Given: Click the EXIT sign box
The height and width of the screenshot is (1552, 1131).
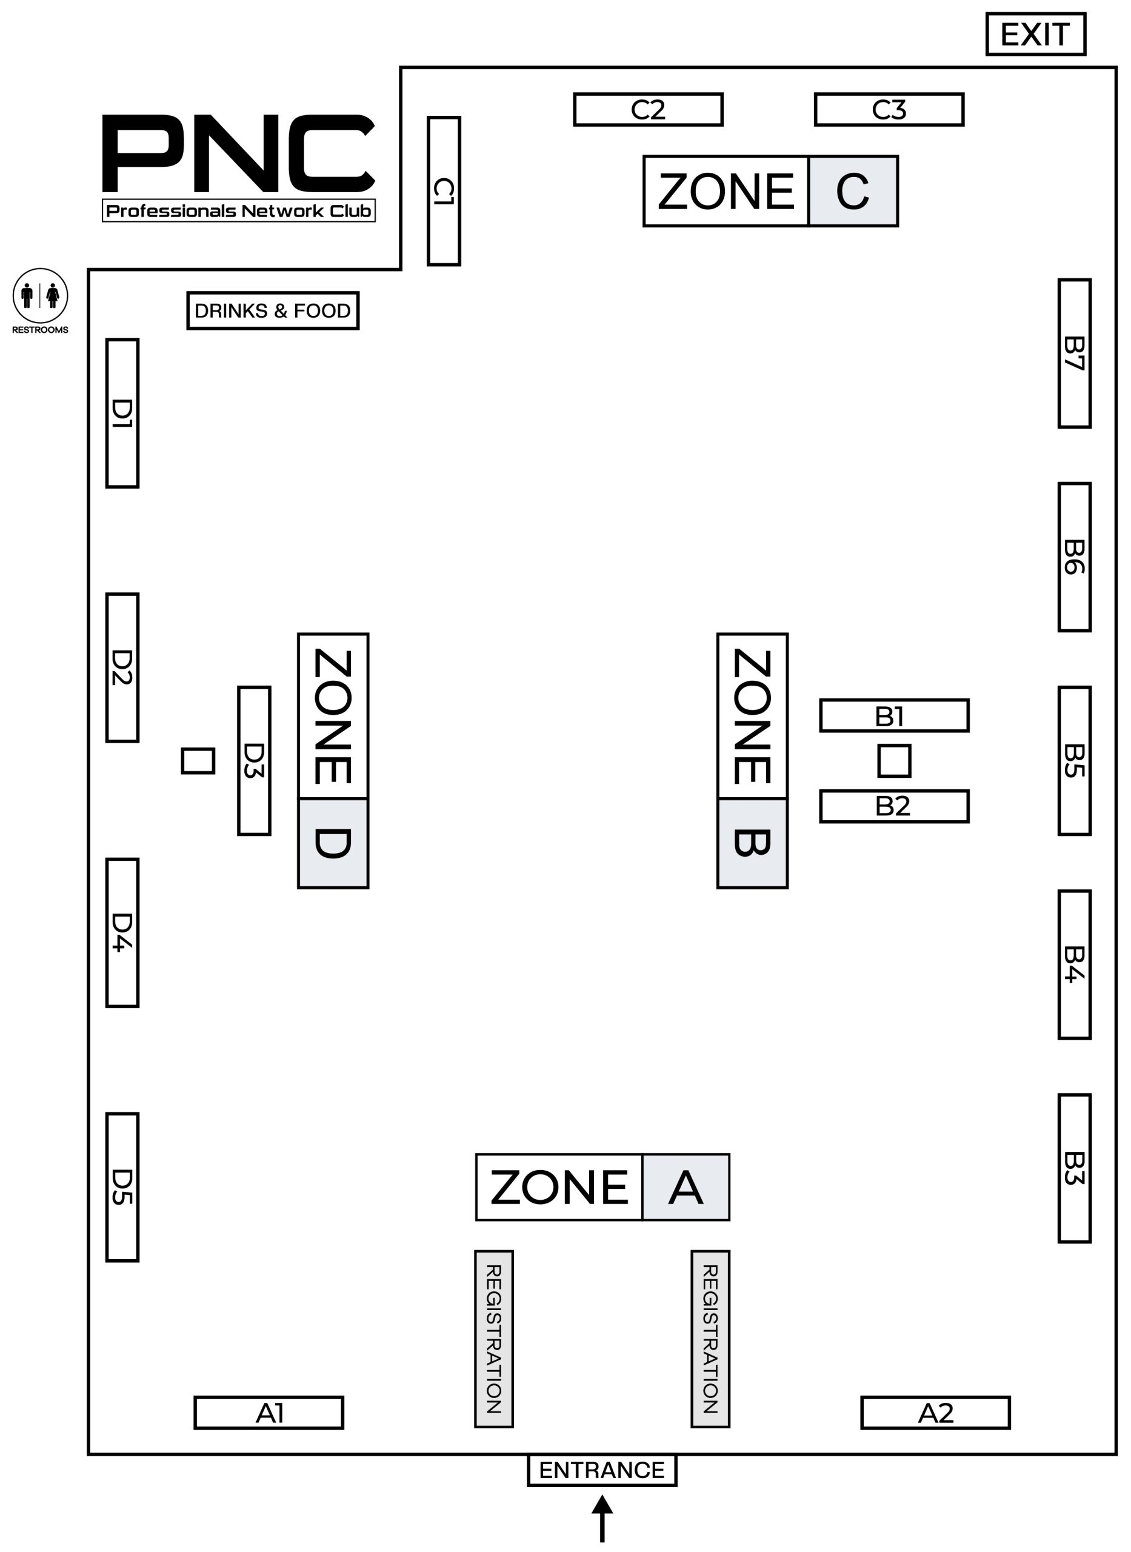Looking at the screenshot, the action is (1035, 33).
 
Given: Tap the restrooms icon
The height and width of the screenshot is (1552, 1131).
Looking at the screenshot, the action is (41, 296).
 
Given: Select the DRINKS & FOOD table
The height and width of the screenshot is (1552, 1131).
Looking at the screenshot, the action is (273, 310).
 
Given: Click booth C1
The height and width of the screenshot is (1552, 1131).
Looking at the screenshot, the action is (444, 190).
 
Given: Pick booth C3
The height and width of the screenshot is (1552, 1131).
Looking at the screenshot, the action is (889, 110).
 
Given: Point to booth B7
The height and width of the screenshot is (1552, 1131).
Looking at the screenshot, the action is (1074, 353).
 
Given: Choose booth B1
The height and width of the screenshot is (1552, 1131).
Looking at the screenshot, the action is (894, 715).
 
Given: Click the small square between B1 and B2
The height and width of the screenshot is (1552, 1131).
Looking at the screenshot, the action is (894, 761).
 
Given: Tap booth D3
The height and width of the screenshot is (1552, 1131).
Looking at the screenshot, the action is (254, 761).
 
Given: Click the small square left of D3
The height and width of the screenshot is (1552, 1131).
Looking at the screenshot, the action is (198, 761).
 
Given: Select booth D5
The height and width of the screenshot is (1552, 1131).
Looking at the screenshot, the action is (122, 1186).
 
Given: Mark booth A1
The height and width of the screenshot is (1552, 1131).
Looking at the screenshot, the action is (269, 1413).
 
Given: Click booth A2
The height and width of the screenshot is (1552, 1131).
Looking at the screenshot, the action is (935, 1413).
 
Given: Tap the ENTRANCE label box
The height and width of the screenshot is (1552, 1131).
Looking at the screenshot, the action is (602, 1470).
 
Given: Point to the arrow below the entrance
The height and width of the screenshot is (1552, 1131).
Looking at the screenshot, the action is (602, 1519).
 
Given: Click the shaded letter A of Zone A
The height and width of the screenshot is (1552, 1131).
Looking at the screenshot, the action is (686, 1186).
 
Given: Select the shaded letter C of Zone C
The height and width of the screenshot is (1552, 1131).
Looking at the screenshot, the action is (853, 191).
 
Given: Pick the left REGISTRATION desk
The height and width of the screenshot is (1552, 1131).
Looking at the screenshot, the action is (493, 1339).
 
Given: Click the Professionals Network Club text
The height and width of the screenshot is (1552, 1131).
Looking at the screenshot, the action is (239, 211).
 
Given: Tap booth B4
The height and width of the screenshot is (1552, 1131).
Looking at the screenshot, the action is (1074, 965).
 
